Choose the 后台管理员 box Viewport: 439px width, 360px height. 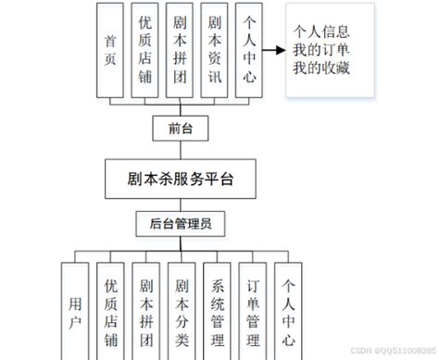tap(180, 224)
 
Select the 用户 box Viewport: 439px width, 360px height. tap(75, 310)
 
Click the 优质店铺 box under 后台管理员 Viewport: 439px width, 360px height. tap(111, 310)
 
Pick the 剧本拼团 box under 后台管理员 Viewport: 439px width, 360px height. tap(146, 310)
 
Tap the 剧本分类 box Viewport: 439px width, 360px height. tap(182, 310)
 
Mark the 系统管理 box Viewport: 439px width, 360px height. tap(218, 310)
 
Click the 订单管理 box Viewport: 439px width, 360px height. tap(253, 310)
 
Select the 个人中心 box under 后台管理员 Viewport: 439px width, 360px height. tap(289, 310)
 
